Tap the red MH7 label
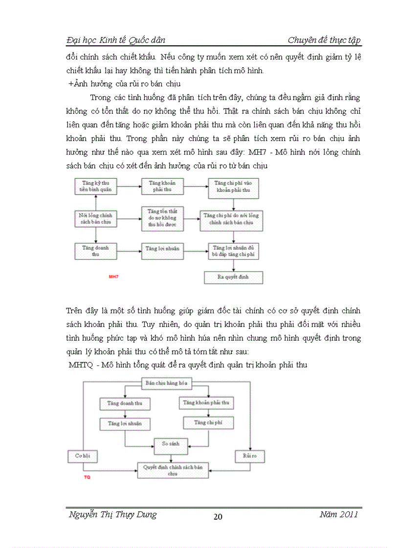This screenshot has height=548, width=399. click(113, 276)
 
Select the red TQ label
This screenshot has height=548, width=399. click(87, 477)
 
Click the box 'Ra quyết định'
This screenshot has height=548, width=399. click(233, 277)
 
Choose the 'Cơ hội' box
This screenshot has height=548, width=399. click(82, 456)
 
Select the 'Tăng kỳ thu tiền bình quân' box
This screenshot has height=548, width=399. click(96, 186)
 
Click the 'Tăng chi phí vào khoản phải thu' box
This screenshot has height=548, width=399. click(233, 188)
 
